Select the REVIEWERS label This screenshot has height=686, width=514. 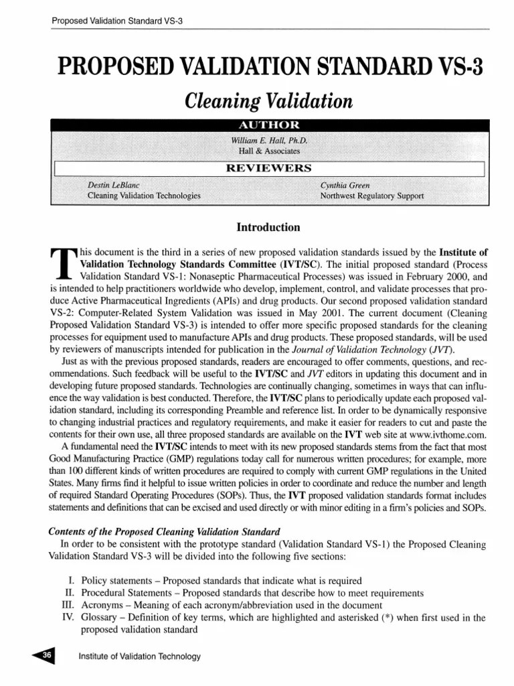tap(269, 168)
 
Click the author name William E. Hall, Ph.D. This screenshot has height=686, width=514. tap(269, 141)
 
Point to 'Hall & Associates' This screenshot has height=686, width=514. tap(269, 152)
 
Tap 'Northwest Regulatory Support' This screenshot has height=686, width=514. tap(372, 196)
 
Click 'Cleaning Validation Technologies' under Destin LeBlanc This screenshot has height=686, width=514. tap(144, 196)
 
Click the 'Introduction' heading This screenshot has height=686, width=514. tap(268, 227)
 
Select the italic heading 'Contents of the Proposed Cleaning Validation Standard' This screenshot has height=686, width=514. tap(164, 531)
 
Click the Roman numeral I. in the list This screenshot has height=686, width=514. tap(72, 580)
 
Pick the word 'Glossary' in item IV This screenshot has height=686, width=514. tap(99, 618)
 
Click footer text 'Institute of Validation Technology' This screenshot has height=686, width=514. tap(140, 657)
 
